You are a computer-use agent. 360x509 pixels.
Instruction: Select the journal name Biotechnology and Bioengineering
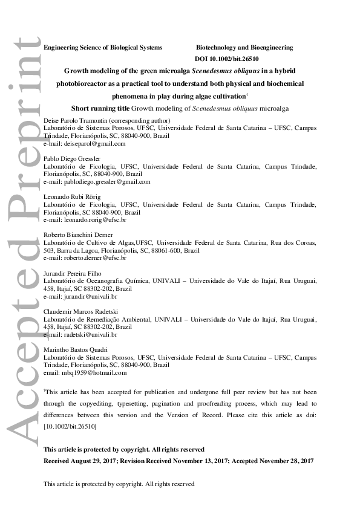coord(244,47)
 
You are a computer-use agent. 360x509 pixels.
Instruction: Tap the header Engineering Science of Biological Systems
coord(103,47)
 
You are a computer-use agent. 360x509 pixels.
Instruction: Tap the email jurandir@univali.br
coord(87,296)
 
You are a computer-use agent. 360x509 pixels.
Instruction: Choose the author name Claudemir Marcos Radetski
coord(77,312)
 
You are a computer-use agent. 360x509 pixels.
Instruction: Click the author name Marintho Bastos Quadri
coord(73,351)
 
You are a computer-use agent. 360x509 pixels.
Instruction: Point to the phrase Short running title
coord(100,109)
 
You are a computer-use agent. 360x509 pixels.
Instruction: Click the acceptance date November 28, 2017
coord(286,461)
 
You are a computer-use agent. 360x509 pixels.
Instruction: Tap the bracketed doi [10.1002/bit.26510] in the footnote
coord(70,427)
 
